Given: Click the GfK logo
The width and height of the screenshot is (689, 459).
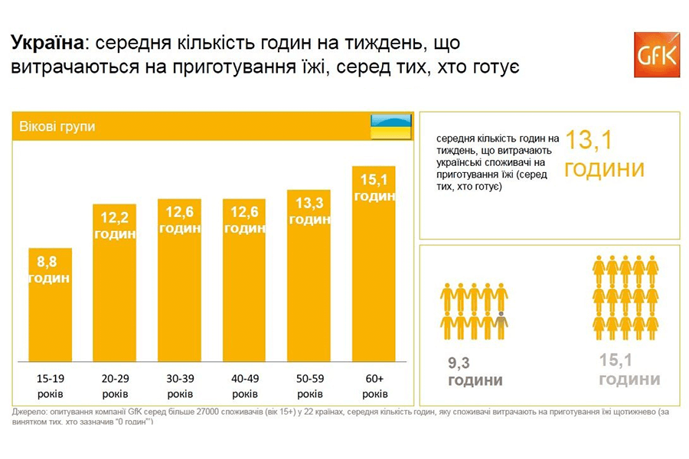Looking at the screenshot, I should [656, 54].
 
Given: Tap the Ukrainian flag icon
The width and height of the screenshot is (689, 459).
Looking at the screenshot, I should [391, 126].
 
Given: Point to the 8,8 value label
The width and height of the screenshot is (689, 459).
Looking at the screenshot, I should [50, 262].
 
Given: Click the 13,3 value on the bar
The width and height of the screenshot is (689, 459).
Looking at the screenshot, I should [309, 203].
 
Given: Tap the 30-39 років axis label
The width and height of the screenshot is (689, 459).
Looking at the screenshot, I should [180, 385].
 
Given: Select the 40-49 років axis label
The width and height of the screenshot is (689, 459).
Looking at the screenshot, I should [244, 385].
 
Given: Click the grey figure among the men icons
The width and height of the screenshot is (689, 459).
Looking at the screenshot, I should [501, 325].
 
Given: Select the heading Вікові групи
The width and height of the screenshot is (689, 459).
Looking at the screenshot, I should [57, 126].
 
